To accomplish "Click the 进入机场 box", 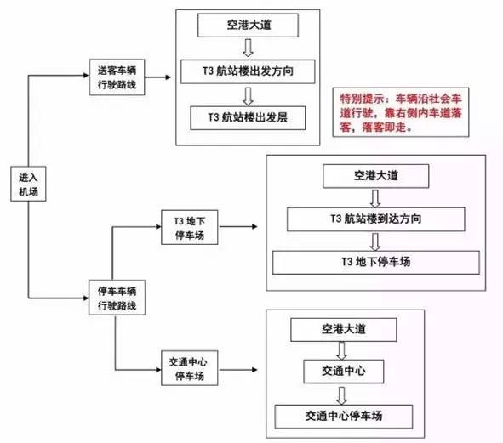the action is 28,184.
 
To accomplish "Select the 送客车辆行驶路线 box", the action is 117,77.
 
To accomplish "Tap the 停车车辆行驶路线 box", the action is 117,298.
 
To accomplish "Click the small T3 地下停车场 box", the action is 190,227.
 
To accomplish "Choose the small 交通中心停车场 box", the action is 190,368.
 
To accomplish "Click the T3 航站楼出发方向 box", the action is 248,71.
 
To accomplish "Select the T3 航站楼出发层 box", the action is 248,118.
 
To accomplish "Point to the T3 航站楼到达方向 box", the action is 376,219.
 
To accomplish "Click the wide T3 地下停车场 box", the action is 376,263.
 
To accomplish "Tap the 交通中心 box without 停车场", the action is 344,372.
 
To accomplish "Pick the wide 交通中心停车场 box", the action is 344,417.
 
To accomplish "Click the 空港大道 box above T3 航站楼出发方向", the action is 248,26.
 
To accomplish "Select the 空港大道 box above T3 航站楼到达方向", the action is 376,176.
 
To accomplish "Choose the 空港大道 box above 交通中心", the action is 344,330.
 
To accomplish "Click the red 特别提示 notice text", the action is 401,113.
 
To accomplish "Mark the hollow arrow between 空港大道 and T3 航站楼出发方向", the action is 248,48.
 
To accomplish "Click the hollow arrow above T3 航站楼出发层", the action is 248,96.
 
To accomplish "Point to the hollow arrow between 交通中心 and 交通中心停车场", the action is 342,395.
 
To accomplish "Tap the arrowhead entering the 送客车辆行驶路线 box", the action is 86,76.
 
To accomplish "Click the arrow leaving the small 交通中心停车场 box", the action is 238,370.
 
